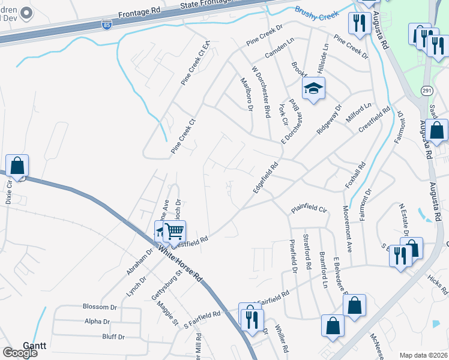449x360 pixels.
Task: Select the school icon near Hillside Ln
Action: point(313,89)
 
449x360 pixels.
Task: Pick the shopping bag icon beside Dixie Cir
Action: point(17,166)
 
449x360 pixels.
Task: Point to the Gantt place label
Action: point(34,346)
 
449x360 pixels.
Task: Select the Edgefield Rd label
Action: point(266,177)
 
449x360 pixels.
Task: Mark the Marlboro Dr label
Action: point(246,93)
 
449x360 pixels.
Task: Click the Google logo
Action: point(20,352)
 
